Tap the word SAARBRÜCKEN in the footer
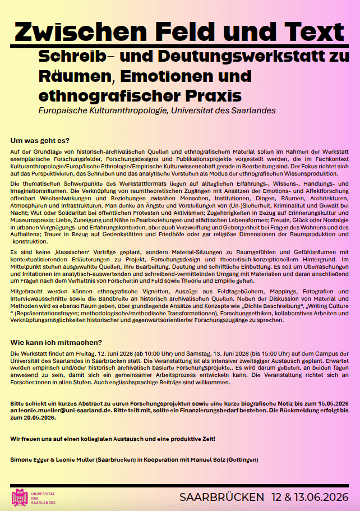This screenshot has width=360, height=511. click(222, 498)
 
